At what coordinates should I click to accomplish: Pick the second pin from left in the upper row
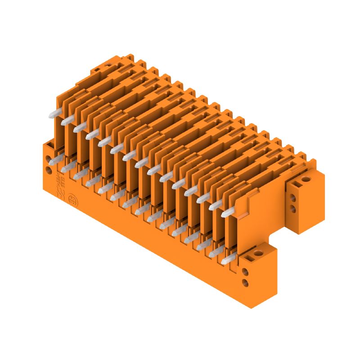[67, 120]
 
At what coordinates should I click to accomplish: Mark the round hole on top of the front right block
[258, 255]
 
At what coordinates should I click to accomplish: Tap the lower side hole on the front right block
[245, 283]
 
